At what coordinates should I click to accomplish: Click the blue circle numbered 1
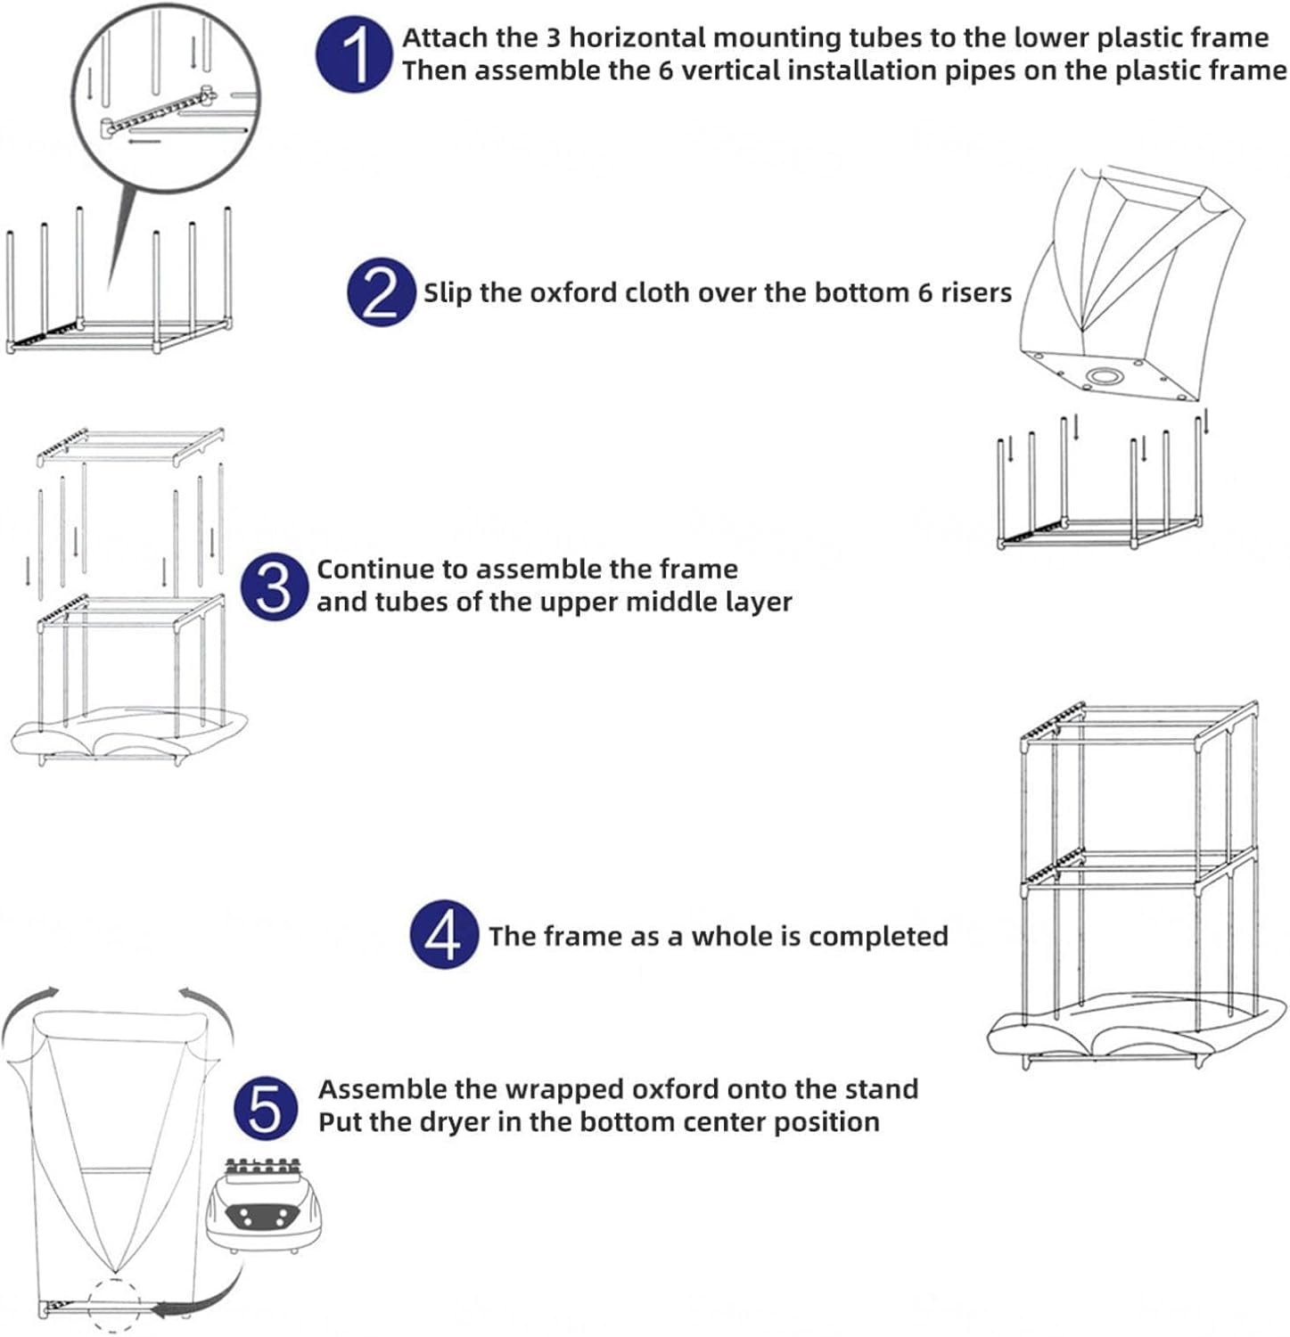click(x=354, y=55)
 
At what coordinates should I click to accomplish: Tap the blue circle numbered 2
click(x=382, y=291)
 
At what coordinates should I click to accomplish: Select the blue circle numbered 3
click(x=275, y=586)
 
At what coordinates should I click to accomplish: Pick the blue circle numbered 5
click(x=267, y=1109)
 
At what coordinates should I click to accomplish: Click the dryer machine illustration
click(x=264, y=1205)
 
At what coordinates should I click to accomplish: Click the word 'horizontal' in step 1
click(x=638, y=37)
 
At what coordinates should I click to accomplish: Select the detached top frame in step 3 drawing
click(x=130, y=446)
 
